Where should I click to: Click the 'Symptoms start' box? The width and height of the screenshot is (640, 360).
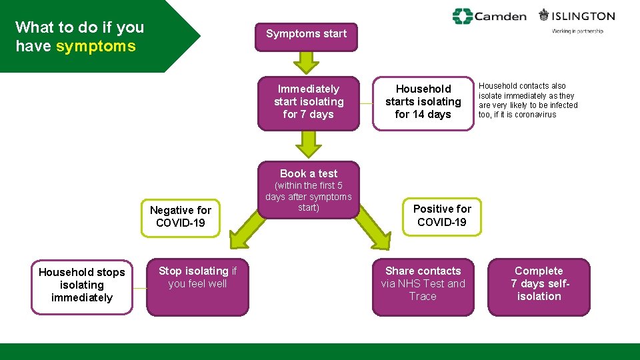point(306,34)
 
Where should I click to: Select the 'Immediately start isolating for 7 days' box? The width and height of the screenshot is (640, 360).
point(308,102)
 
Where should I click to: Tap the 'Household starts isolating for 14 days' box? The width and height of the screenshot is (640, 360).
point(423,102)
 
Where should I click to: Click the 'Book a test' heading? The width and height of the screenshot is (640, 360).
point(308,173)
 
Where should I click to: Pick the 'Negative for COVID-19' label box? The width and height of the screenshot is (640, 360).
point(180,217)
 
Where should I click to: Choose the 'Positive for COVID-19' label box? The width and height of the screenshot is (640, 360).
point(441,215)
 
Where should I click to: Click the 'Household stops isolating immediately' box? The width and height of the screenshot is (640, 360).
point(82,285)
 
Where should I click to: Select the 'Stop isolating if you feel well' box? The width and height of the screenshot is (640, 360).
point(197,285)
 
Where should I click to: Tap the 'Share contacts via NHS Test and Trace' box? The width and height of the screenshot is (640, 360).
point(423,285)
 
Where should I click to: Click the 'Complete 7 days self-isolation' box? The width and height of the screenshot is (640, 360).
point(539,285)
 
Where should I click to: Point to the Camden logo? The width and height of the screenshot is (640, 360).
point(489,16)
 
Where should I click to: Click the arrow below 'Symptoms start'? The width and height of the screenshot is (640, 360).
point(307,62)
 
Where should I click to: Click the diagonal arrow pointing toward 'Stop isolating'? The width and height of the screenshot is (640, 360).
point(246,227)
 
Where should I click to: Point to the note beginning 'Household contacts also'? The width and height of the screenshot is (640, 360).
point(528,100)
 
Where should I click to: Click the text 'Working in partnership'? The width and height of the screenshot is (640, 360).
point(577,31)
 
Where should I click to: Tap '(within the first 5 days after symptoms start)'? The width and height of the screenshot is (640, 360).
point(308,197)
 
